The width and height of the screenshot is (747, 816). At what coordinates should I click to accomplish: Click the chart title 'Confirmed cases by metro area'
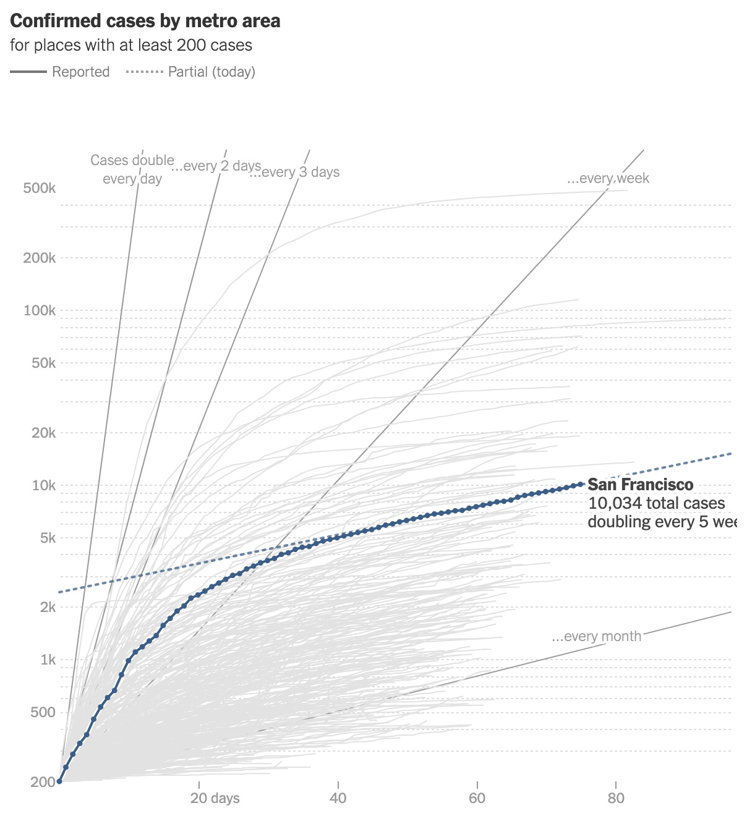coord(145,21)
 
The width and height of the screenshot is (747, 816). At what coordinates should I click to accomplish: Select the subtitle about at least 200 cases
coord(131,45)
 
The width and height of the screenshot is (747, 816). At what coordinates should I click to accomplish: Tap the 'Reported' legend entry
coord(80,72)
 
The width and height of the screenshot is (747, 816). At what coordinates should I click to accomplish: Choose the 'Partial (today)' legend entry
coord(211,72)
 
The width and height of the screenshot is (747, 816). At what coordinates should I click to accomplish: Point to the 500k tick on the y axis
coord(40,188)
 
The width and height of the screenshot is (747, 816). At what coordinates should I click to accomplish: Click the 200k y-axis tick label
coord(40,258)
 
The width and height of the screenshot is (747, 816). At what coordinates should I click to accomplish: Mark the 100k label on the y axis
coord(40,310)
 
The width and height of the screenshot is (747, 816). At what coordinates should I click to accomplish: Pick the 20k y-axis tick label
coord(43,433)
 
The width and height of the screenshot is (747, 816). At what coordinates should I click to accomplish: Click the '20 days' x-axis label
coord(215,798)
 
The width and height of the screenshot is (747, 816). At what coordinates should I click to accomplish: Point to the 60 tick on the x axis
coord(477,798)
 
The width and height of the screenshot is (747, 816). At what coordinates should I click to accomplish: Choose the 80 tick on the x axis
coord(616,798)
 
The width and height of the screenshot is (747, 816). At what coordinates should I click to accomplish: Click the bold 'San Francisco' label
coord(640,485)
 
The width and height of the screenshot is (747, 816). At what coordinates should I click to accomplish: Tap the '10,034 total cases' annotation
coord(656,503)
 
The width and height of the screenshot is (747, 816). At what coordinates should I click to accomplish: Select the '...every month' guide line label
coord(596,637)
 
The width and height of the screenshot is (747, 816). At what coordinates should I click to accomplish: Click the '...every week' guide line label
coord(608,179)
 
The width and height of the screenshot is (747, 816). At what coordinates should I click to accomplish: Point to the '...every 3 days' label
coord(294,172)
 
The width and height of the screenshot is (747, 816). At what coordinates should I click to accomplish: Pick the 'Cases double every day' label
coord(132,169)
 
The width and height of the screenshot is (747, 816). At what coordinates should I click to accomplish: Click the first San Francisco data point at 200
coord(59,781)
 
